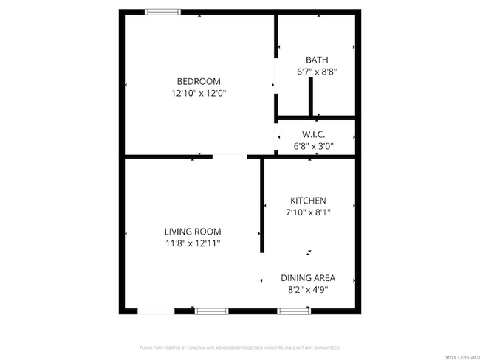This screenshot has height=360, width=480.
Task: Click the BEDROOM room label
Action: coord(198,81)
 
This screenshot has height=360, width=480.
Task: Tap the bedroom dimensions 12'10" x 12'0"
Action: coord(198,94)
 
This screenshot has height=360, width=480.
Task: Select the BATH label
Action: coord(317,60)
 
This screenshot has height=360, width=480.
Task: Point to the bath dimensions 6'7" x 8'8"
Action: coord(317,72)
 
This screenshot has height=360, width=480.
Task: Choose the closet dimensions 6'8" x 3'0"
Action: coord(314,146)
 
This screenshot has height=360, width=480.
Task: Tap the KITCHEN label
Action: coord(308,201)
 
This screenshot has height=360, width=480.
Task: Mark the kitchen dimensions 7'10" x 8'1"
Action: coord(308,212)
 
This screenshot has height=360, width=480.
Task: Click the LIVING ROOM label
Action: coord(193,232)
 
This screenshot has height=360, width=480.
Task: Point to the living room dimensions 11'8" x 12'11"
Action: coord(193,243)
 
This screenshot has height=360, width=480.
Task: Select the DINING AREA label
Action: coord(308,278)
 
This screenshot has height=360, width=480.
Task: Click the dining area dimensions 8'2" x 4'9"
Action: coord(308,290)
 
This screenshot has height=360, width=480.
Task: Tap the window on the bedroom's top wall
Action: coord(162,12)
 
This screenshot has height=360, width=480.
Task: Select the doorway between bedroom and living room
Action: coord(230,156)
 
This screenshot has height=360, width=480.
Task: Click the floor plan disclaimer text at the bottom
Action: coord(239,347)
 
